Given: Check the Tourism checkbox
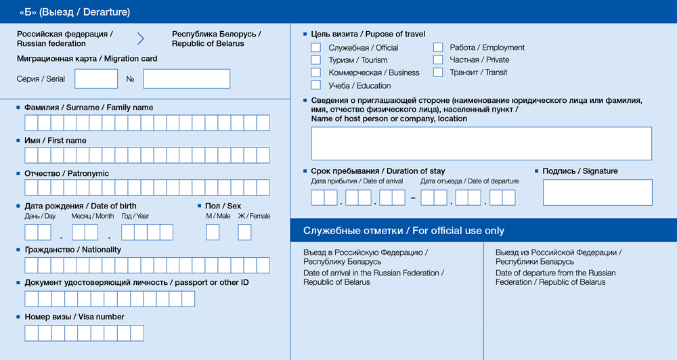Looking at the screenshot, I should click(x=315, y=60).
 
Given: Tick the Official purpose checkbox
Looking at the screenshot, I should click(x=315, y=47).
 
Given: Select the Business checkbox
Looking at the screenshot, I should click(x=315, y=72).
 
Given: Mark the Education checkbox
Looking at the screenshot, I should click(x=315, y=85).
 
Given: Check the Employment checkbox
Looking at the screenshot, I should click(x=438, y=47).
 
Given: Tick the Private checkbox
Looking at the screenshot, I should click(x=438, y=60).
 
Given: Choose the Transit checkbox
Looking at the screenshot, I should click(x=438, y=72).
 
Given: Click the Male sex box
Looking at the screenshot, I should click(x=213, y=232).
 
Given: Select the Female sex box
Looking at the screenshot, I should click(x=244, y=232).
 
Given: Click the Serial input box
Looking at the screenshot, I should click(x=96, y=78).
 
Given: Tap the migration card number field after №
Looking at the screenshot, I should click(x=186, y=78).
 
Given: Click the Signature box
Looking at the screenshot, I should click(x=597, y=192).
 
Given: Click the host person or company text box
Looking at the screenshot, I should click(x=481, y=143).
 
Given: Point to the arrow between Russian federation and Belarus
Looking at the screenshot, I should click(x=141, y=39).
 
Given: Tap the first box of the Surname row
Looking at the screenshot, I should click(x=31, y=122).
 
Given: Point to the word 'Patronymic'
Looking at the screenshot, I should click(x=88, y=174).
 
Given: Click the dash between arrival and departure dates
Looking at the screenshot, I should click(x=413, y=198).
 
